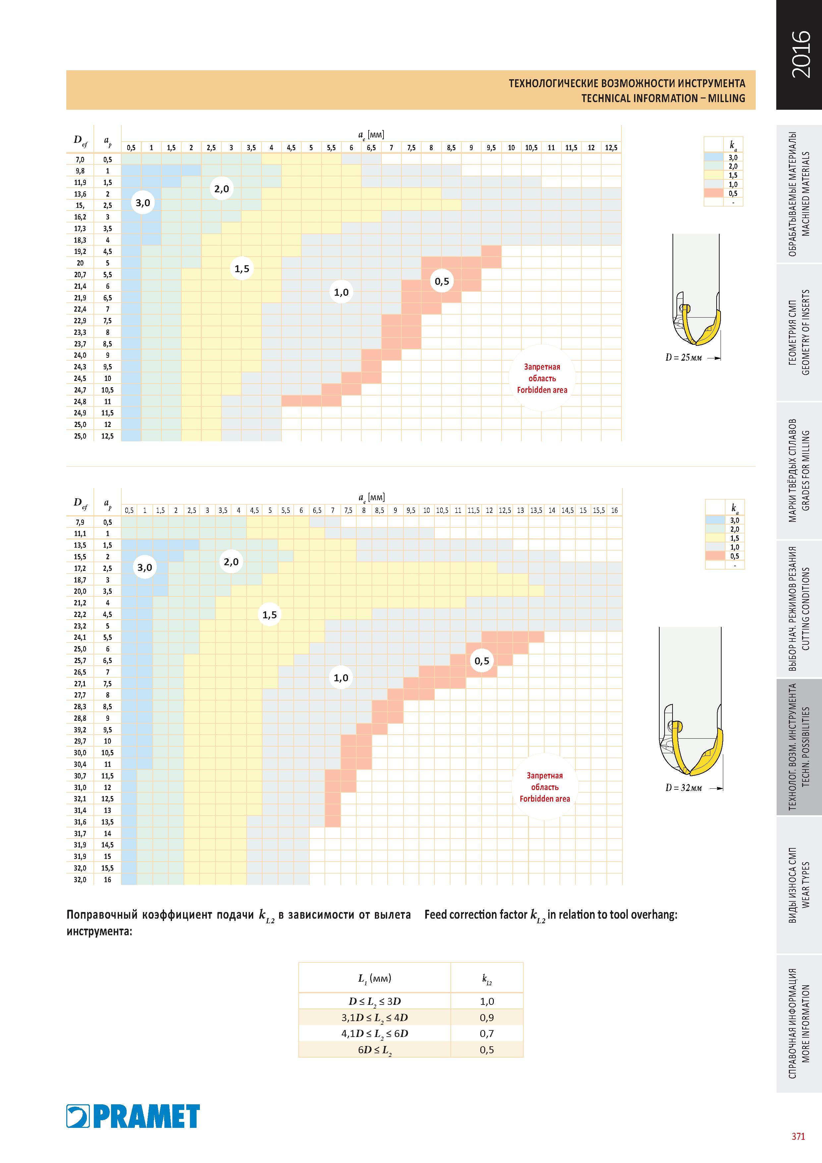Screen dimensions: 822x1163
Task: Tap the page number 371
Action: [x=798, y=1136]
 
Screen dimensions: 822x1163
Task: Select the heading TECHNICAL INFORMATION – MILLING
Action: [x=663, y=98]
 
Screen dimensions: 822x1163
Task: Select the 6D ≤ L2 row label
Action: [x=375, y=1050]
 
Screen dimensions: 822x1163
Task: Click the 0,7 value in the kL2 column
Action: [x=487, y=1033]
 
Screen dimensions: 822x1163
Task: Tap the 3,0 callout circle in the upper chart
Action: [x=143, y=203]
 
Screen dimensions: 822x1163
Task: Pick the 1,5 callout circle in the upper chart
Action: [x=242, y=269]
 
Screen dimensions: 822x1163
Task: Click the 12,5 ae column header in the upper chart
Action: [x=611, y=148]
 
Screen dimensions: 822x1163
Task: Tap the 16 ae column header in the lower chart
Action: [x=615, y=511]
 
